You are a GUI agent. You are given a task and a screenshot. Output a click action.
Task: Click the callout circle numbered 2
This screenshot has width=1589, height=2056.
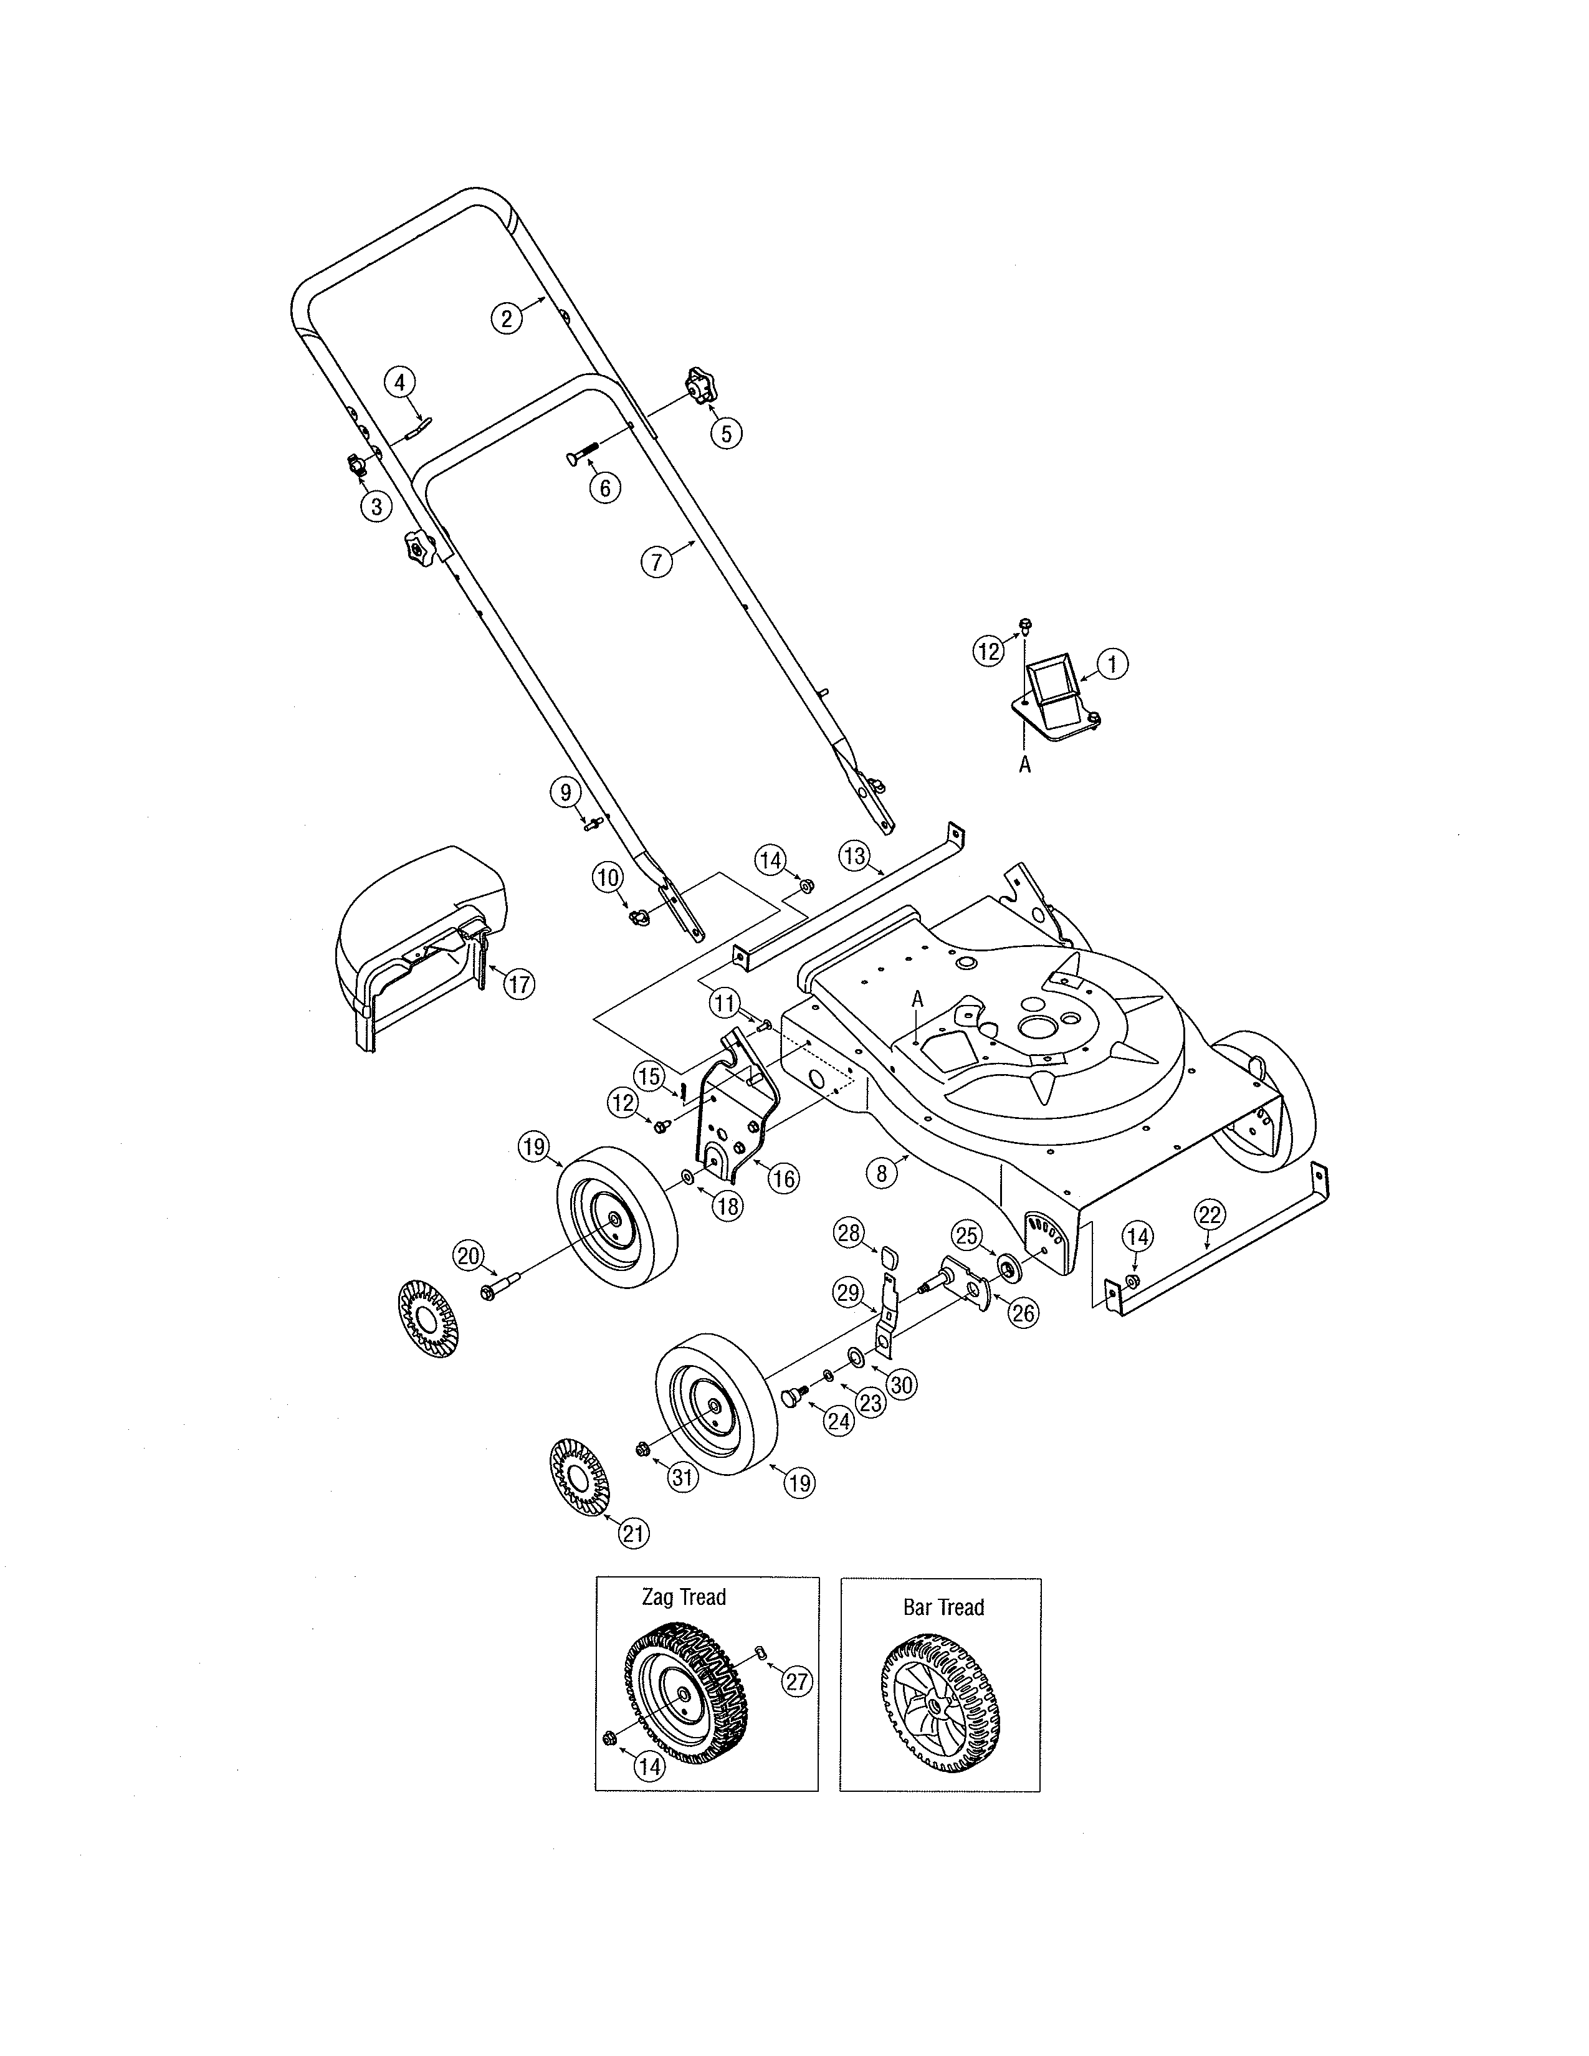coord(507,318)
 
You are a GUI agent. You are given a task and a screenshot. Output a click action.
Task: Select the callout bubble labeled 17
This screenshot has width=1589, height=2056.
coord(518,984)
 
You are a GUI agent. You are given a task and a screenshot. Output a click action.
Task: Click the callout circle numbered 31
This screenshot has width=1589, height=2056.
coord(682,1478)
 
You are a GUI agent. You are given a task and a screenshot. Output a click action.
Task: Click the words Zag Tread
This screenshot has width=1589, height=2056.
coord(684,1597)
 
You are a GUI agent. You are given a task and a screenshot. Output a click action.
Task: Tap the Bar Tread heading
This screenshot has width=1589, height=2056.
coord(943,1607)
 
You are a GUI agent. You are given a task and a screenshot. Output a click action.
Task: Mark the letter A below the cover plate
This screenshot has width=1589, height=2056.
coord(1025,765)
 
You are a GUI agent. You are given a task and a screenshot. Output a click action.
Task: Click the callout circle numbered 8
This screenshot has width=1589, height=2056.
coord(882,1173)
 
